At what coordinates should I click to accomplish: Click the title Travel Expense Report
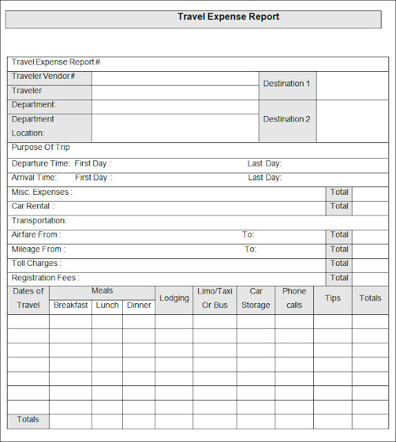coord(228,17)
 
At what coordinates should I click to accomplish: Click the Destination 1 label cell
coord(287,84)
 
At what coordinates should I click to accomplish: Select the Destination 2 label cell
coord(287,119)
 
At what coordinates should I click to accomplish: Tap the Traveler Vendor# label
coord(43,77)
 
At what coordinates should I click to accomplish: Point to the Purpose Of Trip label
coord(41,148)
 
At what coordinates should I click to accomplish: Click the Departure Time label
coord(41,164)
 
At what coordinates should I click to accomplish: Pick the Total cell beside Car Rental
coord(339,206)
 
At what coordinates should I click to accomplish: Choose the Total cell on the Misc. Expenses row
coord(339,192)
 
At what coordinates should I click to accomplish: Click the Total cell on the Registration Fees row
coord(339,278)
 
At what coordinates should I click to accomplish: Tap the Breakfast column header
coord(70,305)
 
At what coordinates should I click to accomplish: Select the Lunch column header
coord(107,305)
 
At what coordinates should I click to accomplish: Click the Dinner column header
coord(139,305)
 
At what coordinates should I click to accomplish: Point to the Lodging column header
coord(174,298)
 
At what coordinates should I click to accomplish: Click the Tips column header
coord(333,298)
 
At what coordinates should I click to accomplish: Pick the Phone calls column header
coord(294,298)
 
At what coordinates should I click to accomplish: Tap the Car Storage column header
coord(256,298)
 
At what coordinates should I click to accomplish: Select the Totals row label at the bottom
coord(28,420)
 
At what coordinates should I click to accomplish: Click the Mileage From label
coord(39,249)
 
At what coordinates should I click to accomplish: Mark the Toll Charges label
coord(37,263)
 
